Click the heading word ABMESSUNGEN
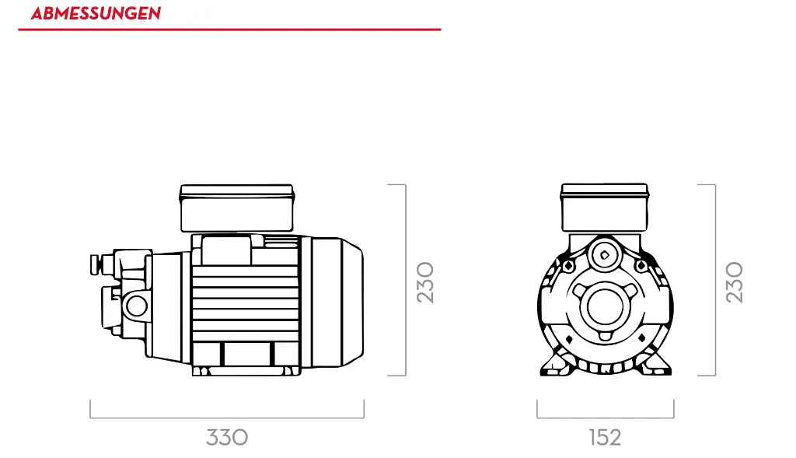tap(96, 14)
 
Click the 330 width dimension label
tap(227, 437)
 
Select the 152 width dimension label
tap(605, 437)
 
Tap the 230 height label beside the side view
tap(425, 281)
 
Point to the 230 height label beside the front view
tap(735, 281)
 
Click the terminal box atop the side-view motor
tap(236, 208)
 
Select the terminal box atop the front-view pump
tap(605, 208)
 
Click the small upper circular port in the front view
tap(604, 254)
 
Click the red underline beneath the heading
tap(229, 30)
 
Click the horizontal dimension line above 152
tap(605, 418)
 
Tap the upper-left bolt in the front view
tap(568, 266)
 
